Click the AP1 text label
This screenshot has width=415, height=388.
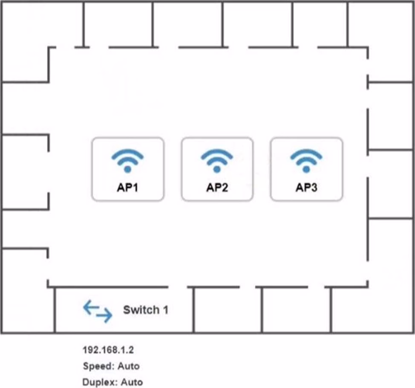pos(127,188)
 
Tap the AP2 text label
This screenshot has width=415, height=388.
pos(217,188)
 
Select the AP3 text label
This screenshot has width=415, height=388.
pos(306,188)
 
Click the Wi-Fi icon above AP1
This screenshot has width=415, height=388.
pos(127,160)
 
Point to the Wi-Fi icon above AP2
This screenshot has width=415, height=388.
pos(217,160)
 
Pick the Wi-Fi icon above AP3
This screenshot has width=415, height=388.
pos(306,160)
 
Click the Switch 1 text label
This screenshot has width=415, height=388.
pos(146,310)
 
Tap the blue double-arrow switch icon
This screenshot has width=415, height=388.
pos(98,311)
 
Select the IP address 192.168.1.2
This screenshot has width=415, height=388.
pos(108,350)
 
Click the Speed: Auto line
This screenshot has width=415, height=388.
pos(111,366)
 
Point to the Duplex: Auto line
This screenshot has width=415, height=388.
pos(113,382)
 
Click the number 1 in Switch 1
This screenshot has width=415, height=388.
pos(165,310)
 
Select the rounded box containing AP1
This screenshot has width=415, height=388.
pos(127,169)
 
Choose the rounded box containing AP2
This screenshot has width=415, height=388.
pos(217,169)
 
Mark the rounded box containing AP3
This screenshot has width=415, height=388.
pos(306,169)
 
